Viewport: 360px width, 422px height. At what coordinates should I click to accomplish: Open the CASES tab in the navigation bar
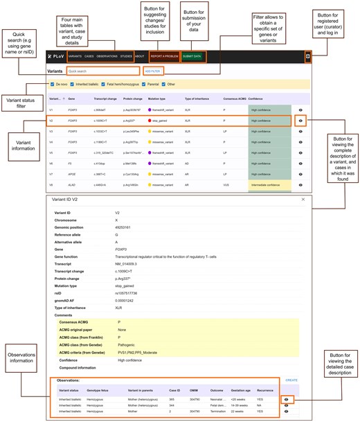click(x=89, y=55)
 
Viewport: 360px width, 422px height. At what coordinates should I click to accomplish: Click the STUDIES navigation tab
click(x=125, y=55)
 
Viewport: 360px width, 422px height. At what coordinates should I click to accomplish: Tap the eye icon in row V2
click(x=300, y=121)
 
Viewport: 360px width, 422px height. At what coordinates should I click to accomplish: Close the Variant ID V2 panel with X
click(x=303, y=199)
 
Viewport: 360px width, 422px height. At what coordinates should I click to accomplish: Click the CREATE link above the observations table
click(x=291, y=380)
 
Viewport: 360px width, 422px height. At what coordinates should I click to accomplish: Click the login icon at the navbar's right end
click(x=307, y=55)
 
